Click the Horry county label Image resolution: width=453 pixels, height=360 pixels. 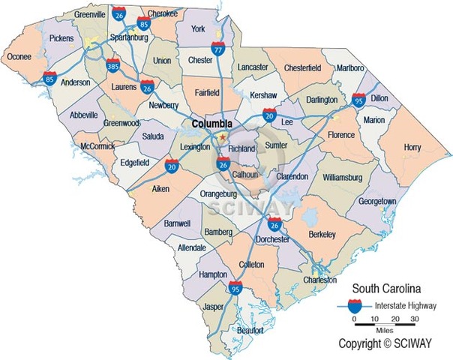tap(412, 148)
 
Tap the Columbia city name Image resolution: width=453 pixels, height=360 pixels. tap(211, 123)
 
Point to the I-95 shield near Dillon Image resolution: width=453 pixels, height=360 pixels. tap(358, 98)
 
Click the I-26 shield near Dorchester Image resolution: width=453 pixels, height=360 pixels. tap(274, 223)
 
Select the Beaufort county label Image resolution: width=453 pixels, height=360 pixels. tap(250, 330)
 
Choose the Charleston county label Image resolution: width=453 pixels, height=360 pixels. tap(319, 280)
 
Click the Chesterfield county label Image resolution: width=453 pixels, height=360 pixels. tap(302, 67)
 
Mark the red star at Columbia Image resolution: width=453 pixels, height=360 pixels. tap(222, 136)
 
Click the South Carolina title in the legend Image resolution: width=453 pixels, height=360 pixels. tap(385, 288)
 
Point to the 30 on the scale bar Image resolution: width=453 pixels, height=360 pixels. tap(413, 319)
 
